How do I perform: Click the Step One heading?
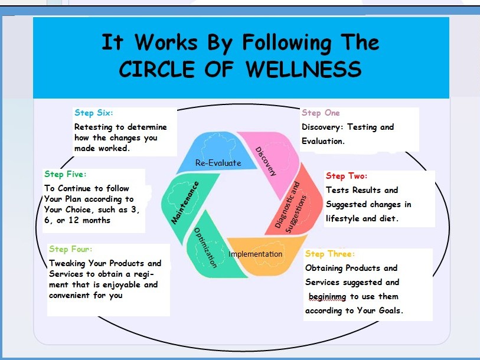pyautogui.click(x=321, y=113)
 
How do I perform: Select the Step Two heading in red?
pyautogui.click(x=346, y=176)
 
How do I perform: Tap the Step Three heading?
pyautogui.click(x=330, y=254)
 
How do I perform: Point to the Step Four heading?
pyautogui.click(x=70, y=249)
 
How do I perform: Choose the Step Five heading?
pyautogui.click(x=65, y=175)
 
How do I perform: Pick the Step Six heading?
pyautogui.click(x=94, y=113)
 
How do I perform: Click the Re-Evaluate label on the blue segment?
pyautogui.click(x=218, y=163)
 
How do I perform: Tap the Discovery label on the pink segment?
pyautogui.click(x=266, y=161)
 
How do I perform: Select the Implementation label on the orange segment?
pyautogui.click(x=255, y=254)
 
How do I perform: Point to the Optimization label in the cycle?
pyautogui.click(x=205, y=248)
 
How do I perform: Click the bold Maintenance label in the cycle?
pyautogui.click(x=185, y=202)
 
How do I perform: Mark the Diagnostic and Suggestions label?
pyautogui.click(x=290, y=208)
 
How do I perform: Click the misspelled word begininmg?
pyautogui.click(x=327, y=297)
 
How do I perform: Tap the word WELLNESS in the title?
pyautogui.click(x=303, y=69)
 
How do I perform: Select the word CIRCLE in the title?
pyautogui.click(x=156, y=69)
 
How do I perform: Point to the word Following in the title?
pyautogui.click(x=287, y=43)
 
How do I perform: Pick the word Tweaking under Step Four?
pyautogui.click(x=67, y=263)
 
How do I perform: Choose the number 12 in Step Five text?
pyautogui.click(x=74, y=220)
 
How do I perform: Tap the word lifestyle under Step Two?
pyautogui.click(x=342, y=218)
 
